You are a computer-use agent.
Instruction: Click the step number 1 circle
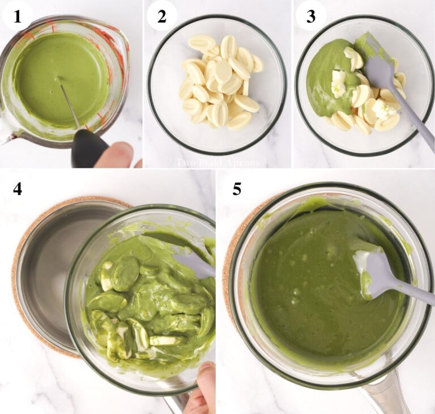(17, 16)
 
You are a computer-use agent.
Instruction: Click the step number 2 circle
(162, 16)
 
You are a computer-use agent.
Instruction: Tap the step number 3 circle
(311, 16)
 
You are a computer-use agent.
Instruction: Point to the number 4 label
(18, 188)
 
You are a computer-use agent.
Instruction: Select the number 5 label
(237, 189)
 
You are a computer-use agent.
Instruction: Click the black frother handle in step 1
(88, 149)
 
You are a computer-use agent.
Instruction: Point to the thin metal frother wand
(70, 104)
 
